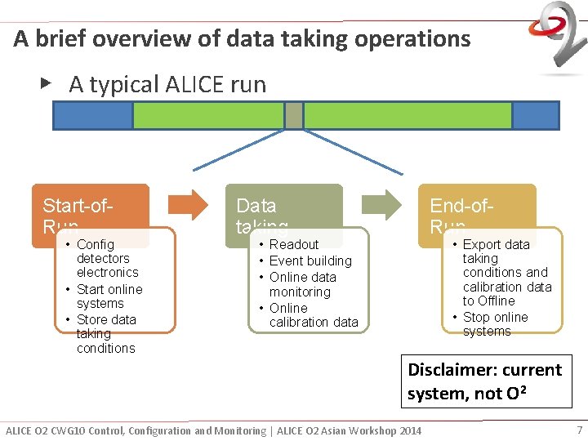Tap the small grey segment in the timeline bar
294,115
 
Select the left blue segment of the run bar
92,115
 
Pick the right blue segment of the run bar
536,115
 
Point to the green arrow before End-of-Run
382,204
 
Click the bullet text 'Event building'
310,261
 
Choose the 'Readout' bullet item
294,244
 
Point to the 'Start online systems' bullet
109,296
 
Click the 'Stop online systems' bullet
495,324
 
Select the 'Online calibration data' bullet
314,315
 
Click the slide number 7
579,430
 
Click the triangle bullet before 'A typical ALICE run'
47,83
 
